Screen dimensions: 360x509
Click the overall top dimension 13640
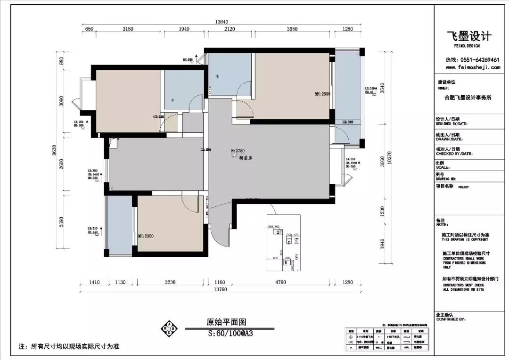[222, 22]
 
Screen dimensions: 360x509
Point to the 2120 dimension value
[230, 29]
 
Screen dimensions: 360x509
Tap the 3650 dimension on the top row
[292, 29]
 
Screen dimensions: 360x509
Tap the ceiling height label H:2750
[239, 151]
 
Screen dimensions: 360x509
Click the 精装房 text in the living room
[246, 158]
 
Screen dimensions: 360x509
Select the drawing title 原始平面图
[226, 322]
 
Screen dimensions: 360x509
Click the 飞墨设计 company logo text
[469, 37]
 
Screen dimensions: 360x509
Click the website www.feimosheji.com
[473, 67]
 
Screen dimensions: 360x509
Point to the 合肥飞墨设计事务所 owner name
[468, 98]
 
